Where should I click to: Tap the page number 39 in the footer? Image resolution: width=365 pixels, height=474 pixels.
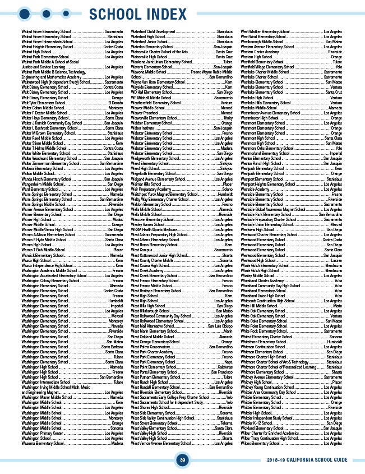point(182,460)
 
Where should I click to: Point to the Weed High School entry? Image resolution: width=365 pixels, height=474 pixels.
point(145,169)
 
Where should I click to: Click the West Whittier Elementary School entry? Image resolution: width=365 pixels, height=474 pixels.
point(265,32)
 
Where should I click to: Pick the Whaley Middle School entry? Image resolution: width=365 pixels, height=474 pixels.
point(258,275)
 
